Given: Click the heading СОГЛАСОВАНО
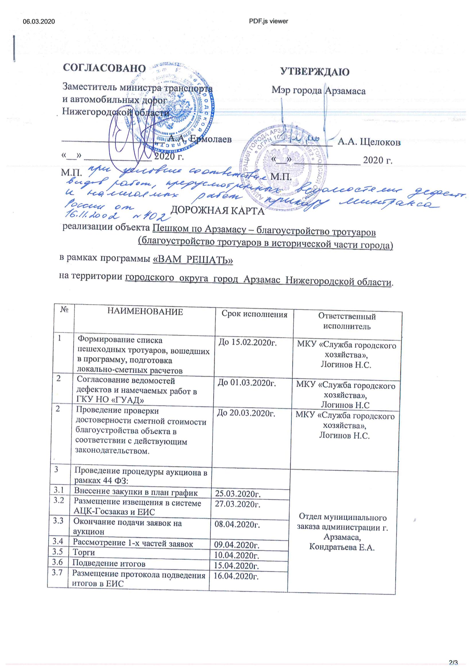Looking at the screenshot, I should point(104,68).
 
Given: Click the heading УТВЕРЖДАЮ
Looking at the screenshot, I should point(315,72).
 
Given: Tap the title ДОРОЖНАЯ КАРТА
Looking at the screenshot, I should point(218,211).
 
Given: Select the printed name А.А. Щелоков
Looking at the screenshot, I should point(369,142).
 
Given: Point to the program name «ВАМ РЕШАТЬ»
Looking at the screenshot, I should point(193,259).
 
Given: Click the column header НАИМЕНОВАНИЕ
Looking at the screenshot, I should point(145,312).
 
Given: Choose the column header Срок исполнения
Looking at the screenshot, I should point(254,314).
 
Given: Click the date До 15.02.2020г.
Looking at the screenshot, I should point(248,342).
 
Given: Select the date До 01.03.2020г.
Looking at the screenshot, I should point(247,383).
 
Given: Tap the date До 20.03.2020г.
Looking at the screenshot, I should point(246,413).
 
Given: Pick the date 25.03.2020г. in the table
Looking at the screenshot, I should point(238,494).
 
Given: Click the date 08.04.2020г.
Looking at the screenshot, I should point(237,524).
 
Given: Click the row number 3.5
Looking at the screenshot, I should point(58,551).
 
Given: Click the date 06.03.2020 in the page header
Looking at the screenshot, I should point(38,21).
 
